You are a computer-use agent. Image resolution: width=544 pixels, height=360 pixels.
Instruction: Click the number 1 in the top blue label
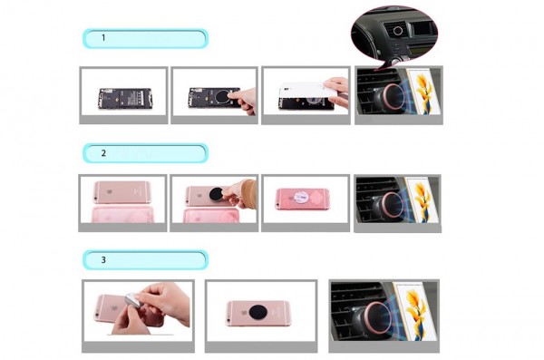pos(103,37)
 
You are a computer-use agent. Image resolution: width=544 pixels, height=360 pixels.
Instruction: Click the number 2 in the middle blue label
pos(103,153)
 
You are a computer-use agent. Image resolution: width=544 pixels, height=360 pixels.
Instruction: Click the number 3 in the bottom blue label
pos(103,259)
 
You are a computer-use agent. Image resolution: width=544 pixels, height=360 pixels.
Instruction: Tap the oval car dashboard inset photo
pos(394,35)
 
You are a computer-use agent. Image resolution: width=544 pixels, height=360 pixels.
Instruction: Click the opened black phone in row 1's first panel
pos(125,99)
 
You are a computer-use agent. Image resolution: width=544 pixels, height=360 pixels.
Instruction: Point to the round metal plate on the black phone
pos(221,97)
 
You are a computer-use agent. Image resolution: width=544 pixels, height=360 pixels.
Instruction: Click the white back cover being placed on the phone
pos(307,91)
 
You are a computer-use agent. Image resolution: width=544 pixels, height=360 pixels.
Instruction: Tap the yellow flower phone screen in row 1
pos(423,92)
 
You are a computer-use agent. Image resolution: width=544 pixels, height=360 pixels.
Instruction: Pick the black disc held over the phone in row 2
pos(216,194)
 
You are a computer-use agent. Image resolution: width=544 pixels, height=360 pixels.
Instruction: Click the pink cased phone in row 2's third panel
pos(303,199)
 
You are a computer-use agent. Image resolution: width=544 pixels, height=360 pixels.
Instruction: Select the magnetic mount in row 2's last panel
pos(389,207)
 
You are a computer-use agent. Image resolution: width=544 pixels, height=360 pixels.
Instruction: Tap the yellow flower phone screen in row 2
pos(421,200)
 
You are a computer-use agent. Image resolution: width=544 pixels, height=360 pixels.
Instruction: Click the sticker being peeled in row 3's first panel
pos(133,301)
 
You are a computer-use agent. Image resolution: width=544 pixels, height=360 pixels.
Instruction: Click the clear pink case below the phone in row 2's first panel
pos(122,214)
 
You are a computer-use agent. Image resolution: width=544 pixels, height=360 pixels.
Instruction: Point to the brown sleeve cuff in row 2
pos(250,194)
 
